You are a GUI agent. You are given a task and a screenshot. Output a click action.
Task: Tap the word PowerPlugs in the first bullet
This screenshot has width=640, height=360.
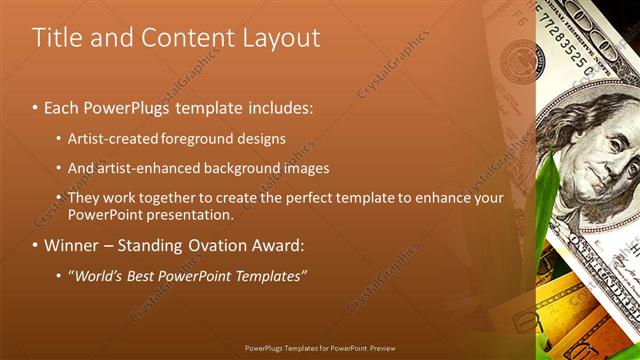pos(130,106)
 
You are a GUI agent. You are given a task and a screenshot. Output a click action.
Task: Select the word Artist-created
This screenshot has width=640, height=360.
pos(111,138)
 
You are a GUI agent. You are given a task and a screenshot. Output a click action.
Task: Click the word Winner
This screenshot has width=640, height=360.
pos(73,245)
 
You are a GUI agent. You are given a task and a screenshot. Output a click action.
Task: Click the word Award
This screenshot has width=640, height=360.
pos(280,245)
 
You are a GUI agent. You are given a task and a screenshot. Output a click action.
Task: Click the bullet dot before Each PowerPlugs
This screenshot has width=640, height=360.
pos(36,107)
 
